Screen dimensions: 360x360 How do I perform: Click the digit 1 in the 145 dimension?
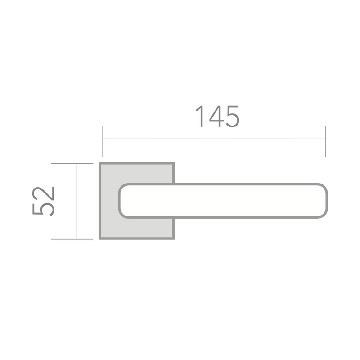coord(200,116)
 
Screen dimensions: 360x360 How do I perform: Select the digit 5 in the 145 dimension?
coord(233,117)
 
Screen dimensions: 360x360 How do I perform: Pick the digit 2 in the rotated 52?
coord(43,193)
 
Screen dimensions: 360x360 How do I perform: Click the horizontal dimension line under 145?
coord(215,139)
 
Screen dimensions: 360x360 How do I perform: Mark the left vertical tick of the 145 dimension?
coord(103,141)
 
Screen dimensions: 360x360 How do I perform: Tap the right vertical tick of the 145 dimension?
coord(325,141)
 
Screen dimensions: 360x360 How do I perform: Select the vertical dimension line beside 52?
coord(76,201)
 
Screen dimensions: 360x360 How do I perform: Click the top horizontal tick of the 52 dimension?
coord(72,164)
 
